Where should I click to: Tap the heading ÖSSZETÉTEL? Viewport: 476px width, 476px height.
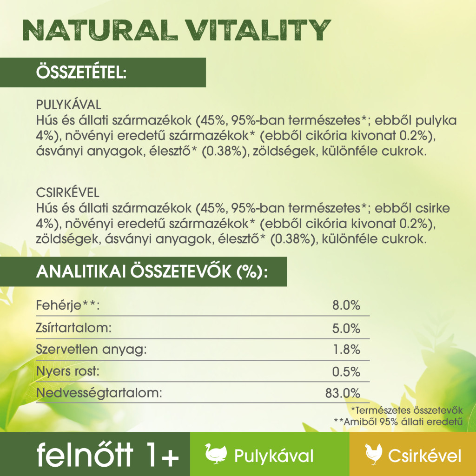click(81, 72)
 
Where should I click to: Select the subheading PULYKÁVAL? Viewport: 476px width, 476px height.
click(69, 105)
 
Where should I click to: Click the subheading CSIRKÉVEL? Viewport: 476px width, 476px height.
click(68, 193)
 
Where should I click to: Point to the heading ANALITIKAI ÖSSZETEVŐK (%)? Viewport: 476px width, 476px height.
click(152, 271)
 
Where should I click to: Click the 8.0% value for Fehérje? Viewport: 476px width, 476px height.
click(346, 305)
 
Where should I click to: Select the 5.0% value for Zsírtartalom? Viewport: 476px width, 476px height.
click(346, 329)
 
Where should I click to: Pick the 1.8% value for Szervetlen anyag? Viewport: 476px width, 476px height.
click(347, 350)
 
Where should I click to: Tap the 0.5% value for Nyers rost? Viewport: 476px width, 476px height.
click(346, 371)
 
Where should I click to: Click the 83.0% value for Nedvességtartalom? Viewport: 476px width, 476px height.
click(343, 393)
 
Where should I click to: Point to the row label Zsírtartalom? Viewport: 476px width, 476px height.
click(74, 328)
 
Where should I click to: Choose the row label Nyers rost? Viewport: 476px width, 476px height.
click(68, 371)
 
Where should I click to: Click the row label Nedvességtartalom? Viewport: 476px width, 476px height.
click(99, 393)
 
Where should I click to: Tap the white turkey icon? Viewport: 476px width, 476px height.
click(216, 454)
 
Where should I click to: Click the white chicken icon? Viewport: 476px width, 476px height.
click(374, 454)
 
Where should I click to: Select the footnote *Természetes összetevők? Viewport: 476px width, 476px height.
click(407, 410)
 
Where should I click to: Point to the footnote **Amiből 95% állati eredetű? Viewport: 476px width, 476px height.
click(398, 422)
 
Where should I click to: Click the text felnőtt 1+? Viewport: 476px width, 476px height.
click(108, 455)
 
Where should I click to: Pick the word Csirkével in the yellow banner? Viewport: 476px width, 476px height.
click(425, 456)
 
